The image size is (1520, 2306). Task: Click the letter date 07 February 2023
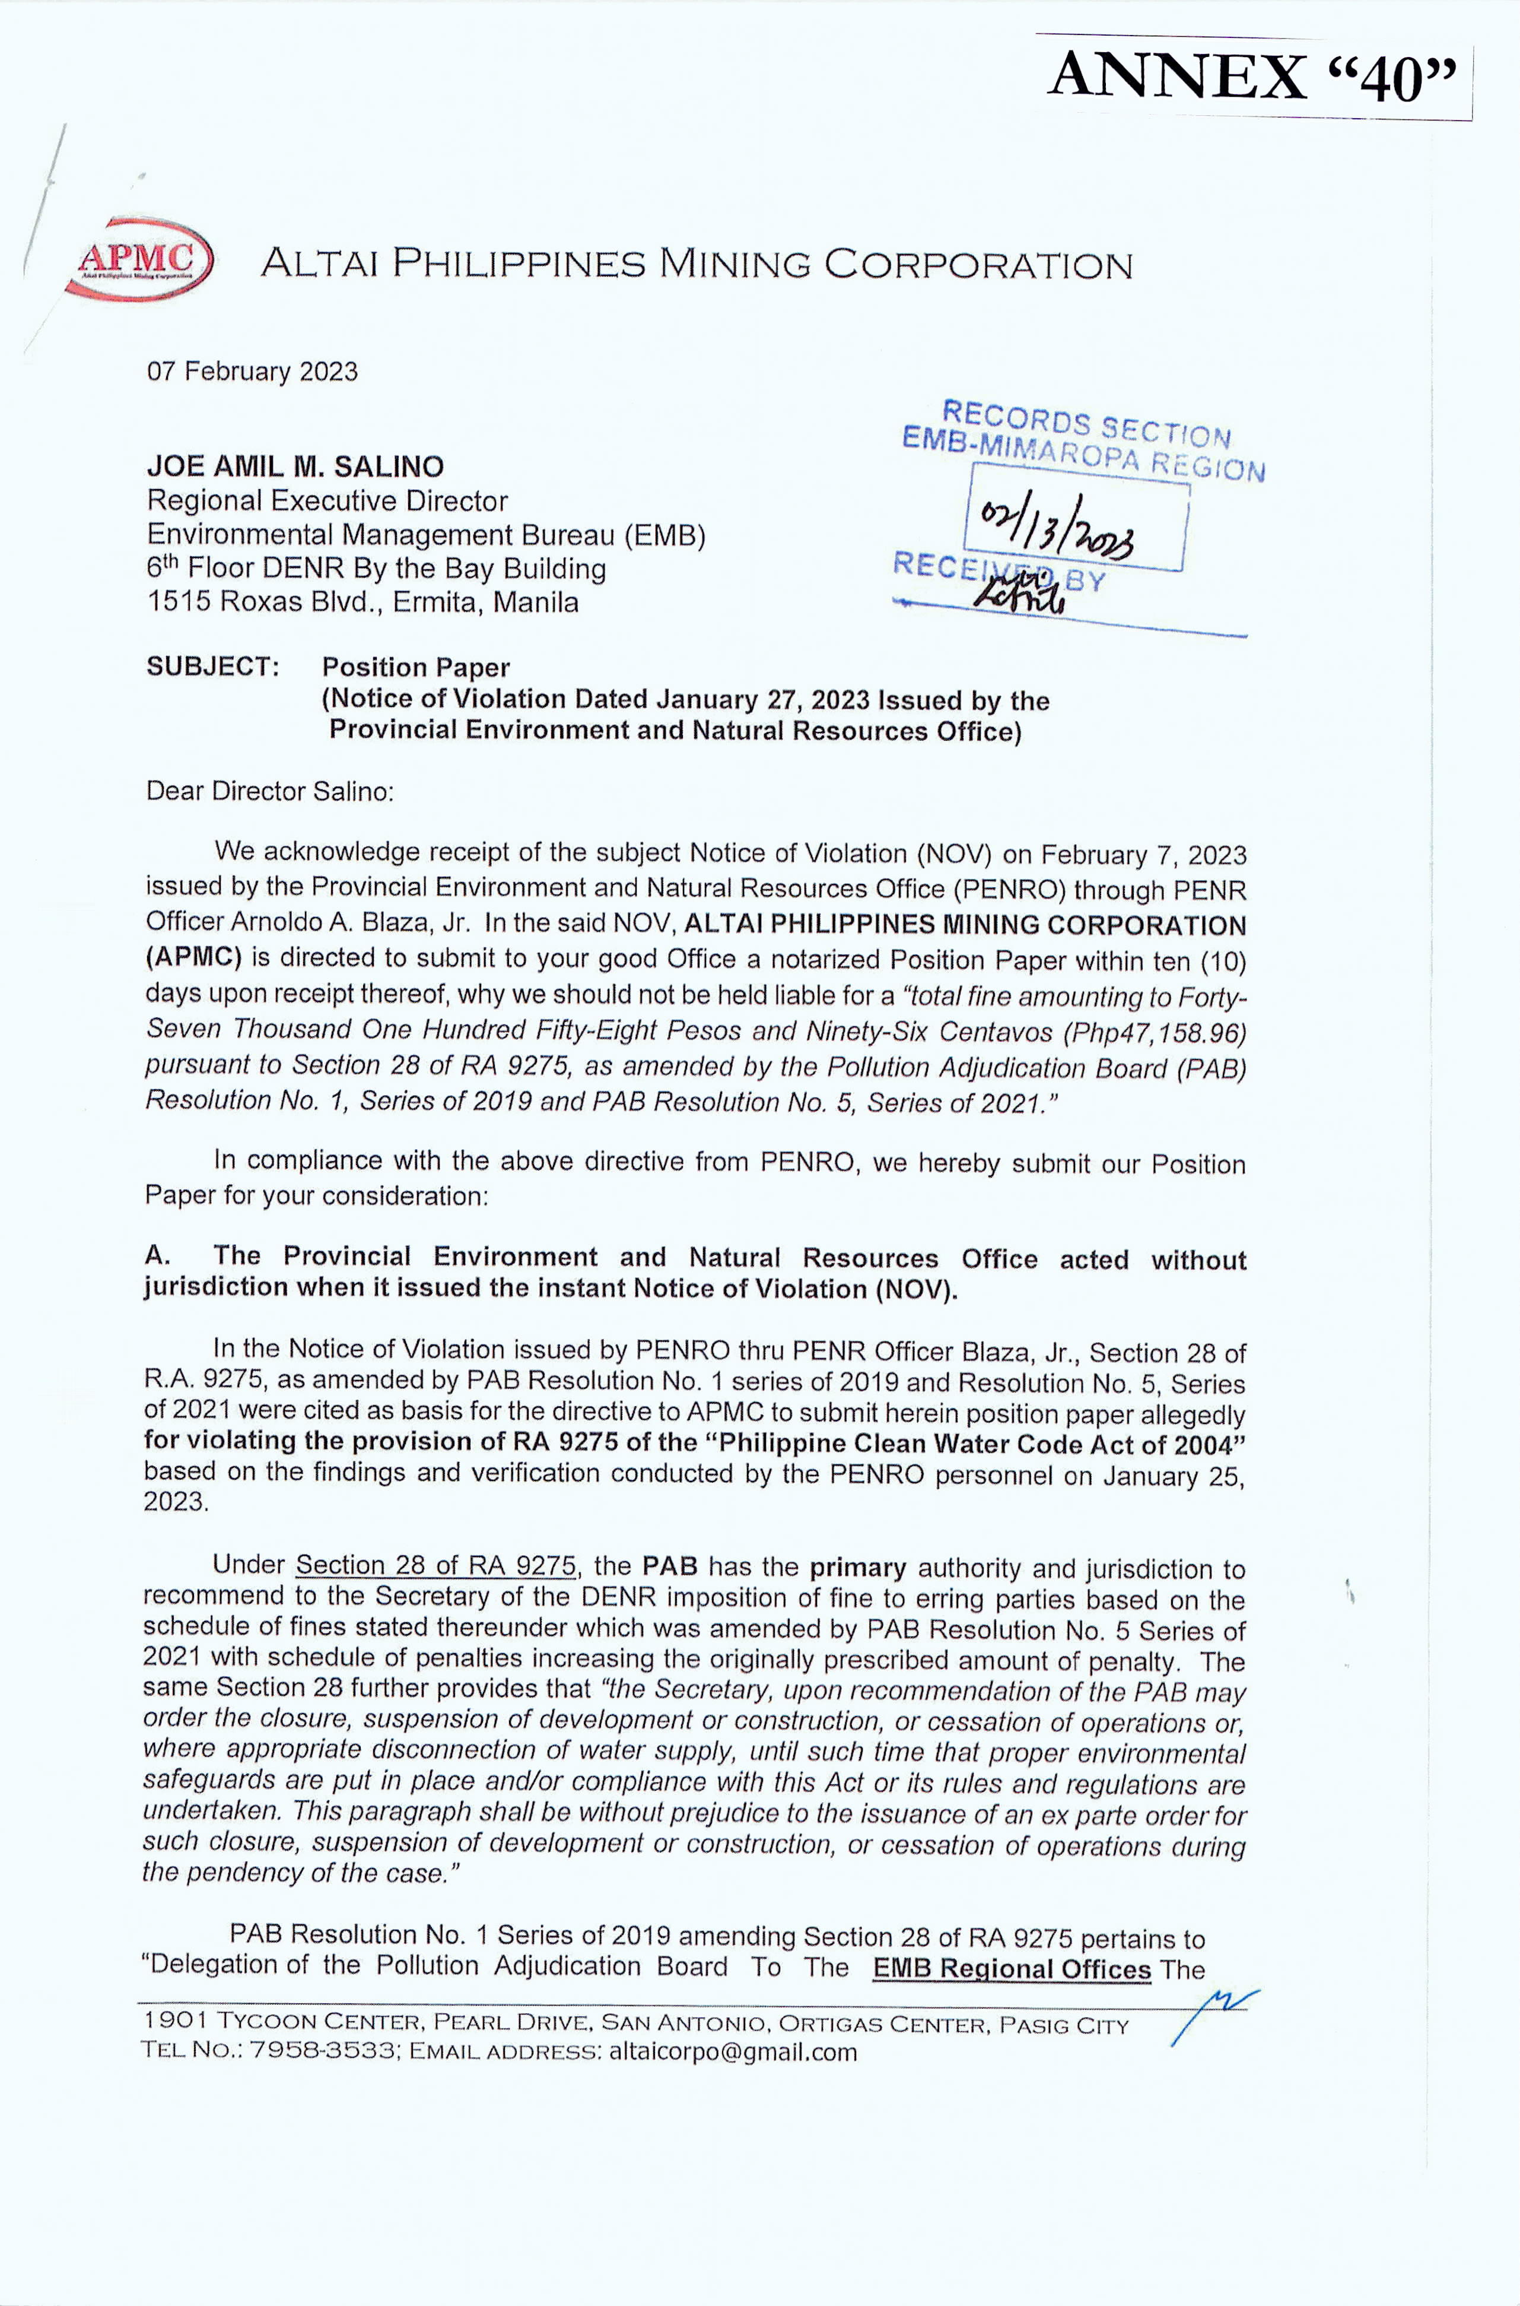click(x=252, y=372)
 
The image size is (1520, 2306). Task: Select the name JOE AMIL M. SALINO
click(x=295, y=467)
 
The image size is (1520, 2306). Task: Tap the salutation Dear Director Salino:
click(x=269, y=791)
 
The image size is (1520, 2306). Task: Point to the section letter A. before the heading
click(x=157, y=1256)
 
